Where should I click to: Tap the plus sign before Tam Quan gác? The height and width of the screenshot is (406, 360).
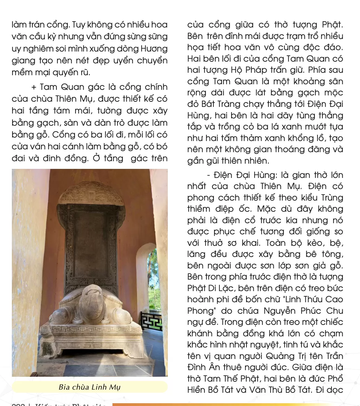coord(34,87)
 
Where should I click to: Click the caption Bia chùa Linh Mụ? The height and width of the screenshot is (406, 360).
coord(89,387)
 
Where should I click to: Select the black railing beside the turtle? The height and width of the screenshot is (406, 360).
coord(152,321)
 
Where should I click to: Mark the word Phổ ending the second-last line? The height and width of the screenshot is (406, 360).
coord(335,378)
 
